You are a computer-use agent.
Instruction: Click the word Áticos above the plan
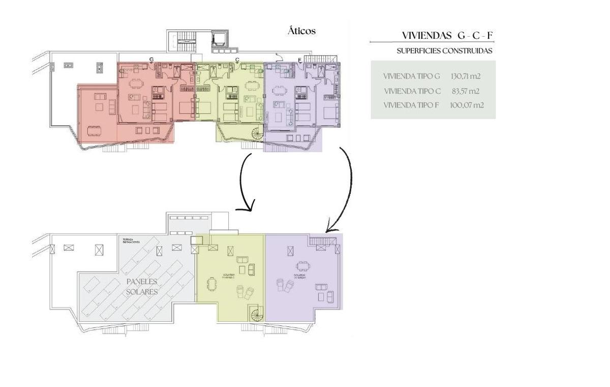tap(301, 31)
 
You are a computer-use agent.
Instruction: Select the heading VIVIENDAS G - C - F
tap(447, 35)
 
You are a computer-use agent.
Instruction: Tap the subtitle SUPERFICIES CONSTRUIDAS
tap(444, 51)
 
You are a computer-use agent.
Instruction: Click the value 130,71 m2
tap(465, 76)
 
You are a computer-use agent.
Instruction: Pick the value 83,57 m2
tap(465, 91)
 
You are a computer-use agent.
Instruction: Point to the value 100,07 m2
tap(466, 105)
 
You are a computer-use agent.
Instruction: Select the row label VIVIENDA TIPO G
tap(411, 76)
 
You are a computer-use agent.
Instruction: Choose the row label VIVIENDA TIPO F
tap(411, 105)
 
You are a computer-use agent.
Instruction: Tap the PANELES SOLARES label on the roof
tap(142, 287)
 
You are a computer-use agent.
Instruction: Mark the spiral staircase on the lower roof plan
tap(257, 314)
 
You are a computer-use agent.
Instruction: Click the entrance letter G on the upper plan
tap(151, 60)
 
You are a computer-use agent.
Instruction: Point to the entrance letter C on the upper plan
tap(237, 60)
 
